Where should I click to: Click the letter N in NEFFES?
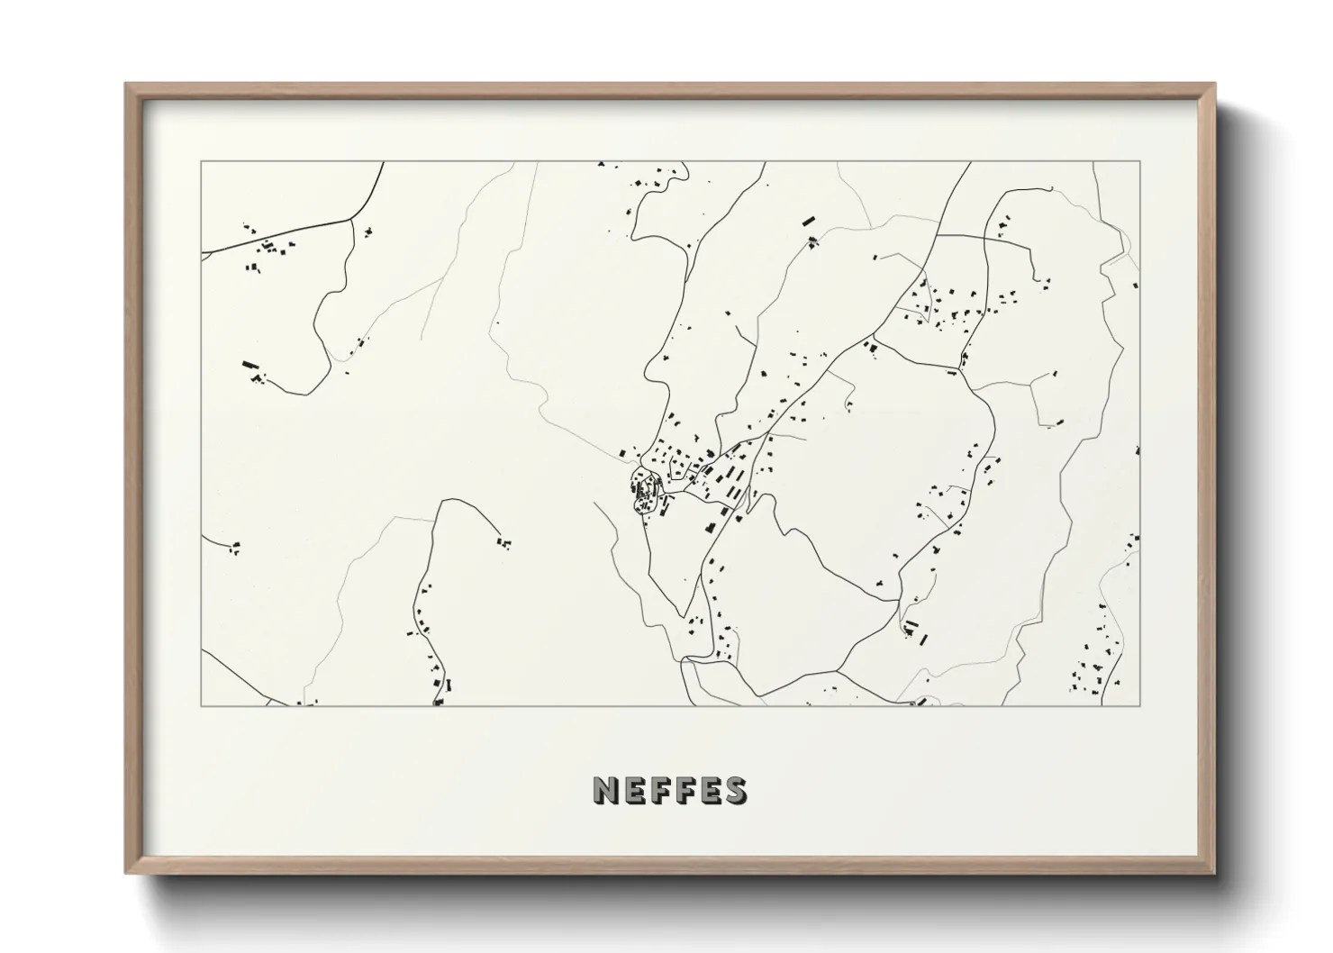606,791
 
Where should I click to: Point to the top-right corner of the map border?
1140,161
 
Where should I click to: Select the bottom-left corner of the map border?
201,706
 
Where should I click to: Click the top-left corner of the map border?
201,161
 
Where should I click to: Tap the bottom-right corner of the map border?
1140,706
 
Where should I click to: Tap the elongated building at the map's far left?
249,365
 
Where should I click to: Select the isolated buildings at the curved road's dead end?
503,542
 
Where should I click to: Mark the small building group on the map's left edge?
235,546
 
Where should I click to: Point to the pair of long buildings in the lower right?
915,631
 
